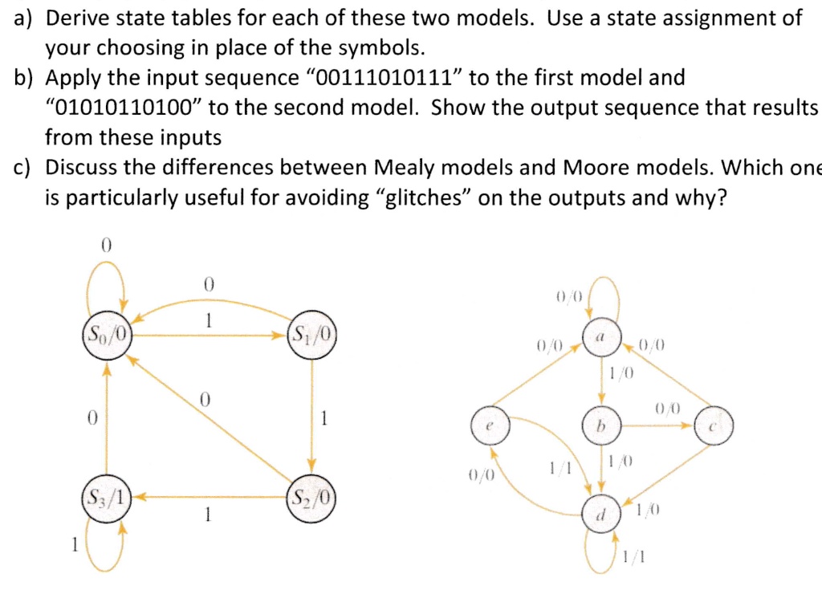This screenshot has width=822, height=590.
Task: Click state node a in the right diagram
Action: [x=604, y=341]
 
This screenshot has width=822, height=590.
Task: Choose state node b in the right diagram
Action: [x=604, y=425]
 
